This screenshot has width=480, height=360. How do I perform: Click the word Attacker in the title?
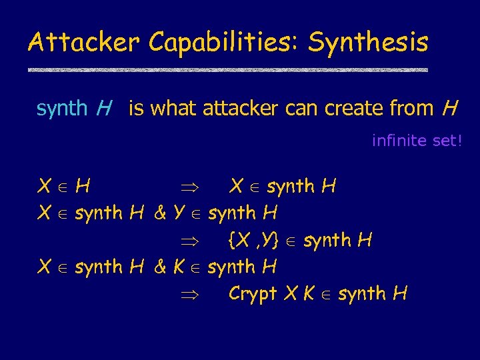pyautogui.click(x=84, y=43)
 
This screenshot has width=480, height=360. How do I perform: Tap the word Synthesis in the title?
pyautogui.click(x=368, y=43)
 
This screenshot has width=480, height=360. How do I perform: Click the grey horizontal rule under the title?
pyautogui.click(x=227, y=70)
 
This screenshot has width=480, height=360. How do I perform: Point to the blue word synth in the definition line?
pyautogui.click(x=62, y=107)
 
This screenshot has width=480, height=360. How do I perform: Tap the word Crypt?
pyautogui.click(x=253, y=293)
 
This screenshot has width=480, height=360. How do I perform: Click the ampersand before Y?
pyautogui.click(x=159, y=213)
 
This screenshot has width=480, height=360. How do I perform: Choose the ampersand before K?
pyautogui.click(x=159, y=267)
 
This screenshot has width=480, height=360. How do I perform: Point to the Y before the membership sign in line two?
pyautogui.click(x=178, y=213)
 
